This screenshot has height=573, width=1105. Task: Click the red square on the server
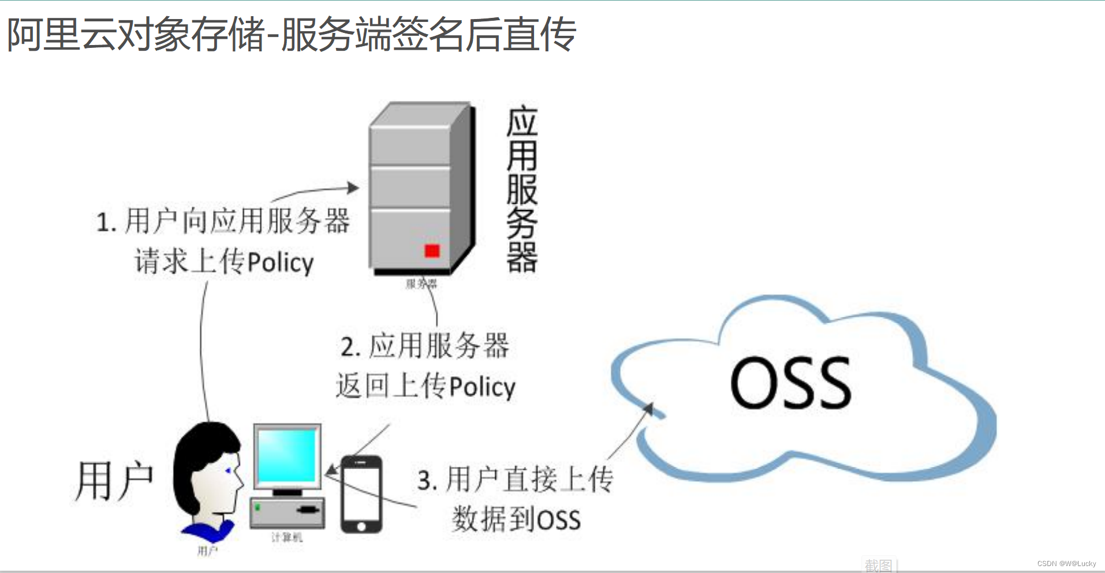click(x=432, y=250)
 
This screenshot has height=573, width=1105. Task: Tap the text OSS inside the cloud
click(x=790, y=383)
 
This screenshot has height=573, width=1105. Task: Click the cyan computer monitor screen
click(x=287, y=455)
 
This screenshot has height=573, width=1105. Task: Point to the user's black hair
click(x=199, y=456)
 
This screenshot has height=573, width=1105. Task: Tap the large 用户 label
click(x=114, y=480)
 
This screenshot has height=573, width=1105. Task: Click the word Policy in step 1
click(x=281, y=263)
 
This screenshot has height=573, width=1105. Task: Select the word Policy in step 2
click(x=483, y=387)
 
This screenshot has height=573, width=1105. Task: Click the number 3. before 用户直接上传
click(x=427, y=481)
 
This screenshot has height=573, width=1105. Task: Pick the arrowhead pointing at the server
click(x=353, y=188)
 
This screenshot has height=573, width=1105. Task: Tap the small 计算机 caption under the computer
click(x=287, y=538)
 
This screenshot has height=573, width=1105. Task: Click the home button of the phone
click(x=361, y=526)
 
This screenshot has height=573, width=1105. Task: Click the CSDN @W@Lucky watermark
click(x=1066, y=564)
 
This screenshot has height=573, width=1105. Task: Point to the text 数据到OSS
click(x=516, y=519)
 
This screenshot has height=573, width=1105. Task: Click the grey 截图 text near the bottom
click(x=878, y=565)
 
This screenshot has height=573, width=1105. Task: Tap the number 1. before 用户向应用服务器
click(x=106, y=223)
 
